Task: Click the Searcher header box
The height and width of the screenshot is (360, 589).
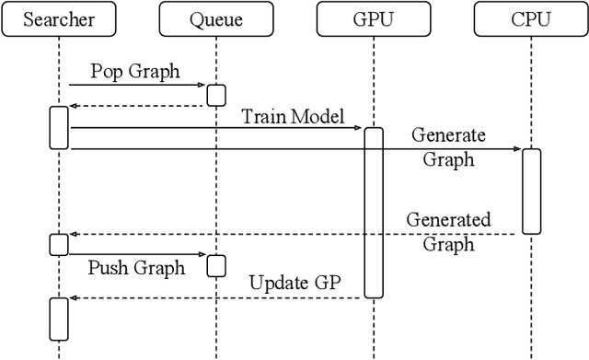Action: (x=59, y=19)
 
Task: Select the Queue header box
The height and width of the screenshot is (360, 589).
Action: (x=215, y=19)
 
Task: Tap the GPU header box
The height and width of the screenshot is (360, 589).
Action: (x=373, y=19)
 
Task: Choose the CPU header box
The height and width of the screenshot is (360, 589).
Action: (x=531, y=19)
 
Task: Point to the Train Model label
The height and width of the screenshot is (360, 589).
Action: (x=292, y=116)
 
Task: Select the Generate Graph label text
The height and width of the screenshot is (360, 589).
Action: (x=448, y=146)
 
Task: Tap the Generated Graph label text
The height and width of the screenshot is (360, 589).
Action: (x=448, y=232)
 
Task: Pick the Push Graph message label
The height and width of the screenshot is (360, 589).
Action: (x=137, y=268)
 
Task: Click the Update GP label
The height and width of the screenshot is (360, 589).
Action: (x=296, y=283)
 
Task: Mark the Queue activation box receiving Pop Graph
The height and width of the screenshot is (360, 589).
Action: (x=215, y=96)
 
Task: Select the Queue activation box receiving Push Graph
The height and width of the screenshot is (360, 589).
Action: (x=215, y=265)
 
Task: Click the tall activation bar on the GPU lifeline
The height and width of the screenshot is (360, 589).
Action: (x=373, y=212)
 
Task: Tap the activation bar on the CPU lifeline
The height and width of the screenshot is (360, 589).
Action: (x=531, y=190)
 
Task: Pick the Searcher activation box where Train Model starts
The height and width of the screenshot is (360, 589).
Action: (x=59, y=127)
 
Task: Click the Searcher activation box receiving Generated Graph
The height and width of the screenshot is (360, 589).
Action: (x=59, y=244)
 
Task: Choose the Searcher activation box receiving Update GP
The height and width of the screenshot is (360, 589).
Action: (x=59, y=319)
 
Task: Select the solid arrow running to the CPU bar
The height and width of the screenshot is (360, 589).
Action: (x=294, y=148)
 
